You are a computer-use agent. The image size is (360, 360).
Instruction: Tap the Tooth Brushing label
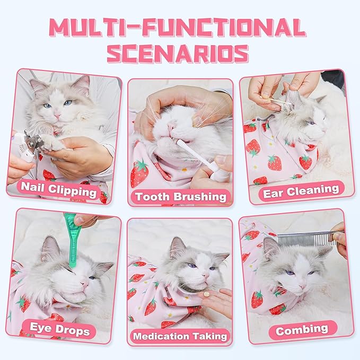pyautogui.click(x=180, y=196)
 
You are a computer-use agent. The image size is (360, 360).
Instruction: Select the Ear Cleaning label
pyautogui.click(x=300, y=190)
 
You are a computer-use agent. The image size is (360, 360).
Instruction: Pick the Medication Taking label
pyautogui.click(x=180, y=336)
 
